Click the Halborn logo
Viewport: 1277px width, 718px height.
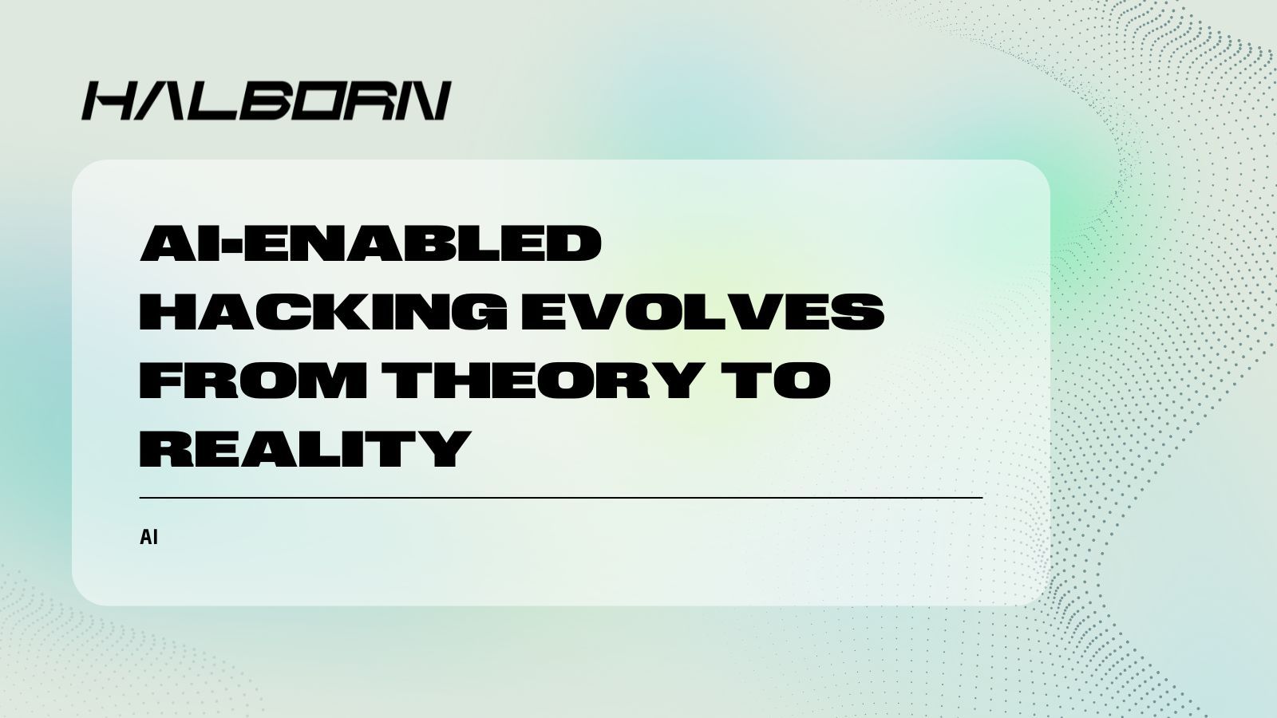[267, 101]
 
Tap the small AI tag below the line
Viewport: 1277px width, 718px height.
[148, 538]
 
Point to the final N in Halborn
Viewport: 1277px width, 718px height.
[423, 101]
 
